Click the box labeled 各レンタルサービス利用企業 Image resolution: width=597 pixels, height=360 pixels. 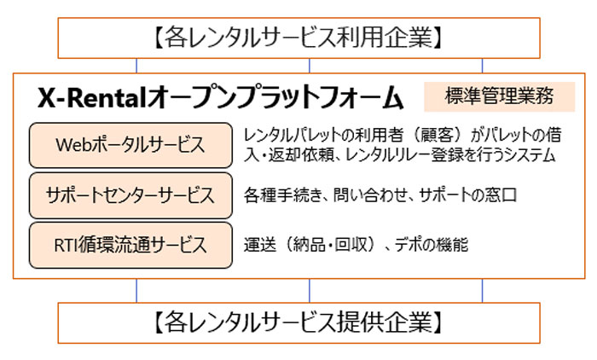298,38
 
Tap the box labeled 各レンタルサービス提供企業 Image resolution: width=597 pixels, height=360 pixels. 298,323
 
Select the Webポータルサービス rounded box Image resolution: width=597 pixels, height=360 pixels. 130,145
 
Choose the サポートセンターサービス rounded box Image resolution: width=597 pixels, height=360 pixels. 130,195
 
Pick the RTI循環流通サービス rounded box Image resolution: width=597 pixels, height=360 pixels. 130,246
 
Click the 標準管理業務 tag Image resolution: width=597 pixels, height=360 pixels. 500,96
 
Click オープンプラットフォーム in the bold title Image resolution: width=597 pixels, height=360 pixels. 275,97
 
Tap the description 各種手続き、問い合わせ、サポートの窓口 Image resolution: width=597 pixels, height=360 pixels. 380,195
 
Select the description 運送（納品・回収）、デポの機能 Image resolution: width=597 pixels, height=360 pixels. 356,245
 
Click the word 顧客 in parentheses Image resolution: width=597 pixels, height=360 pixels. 437,136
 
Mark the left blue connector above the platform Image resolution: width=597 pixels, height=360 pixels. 136,66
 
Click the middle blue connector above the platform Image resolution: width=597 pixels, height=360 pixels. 309,66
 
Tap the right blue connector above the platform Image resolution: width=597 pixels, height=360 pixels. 482,66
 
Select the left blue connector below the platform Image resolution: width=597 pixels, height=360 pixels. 136,291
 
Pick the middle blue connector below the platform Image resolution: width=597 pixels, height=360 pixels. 309,291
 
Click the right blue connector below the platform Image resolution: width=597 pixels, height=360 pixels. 482,291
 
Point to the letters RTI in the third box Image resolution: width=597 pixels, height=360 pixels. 66,246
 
